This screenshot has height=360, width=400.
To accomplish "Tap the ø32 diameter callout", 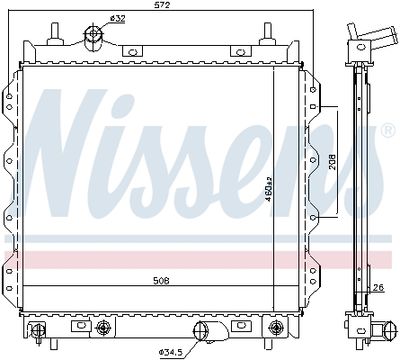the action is click(117, 19).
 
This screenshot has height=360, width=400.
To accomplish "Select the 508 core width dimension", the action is click(161, 281).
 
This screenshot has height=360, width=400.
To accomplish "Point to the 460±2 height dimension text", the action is click(269, 190).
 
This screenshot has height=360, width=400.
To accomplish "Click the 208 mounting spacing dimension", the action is click(332, 162).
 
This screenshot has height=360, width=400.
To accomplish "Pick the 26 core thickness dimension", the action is click(379, 287).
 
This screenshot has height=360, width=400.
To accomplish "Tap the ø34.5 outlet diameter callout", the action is click(170, 352).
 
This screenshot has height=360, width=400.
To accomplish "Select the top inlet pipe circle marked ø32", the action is click(94, 34).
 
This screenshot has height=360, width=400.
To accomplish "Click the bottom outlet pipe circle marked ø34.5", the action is click(201, 331).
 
